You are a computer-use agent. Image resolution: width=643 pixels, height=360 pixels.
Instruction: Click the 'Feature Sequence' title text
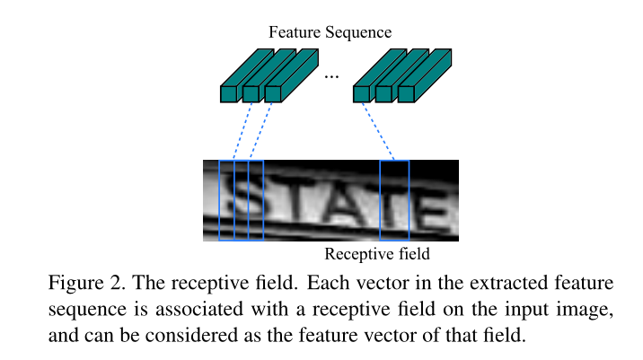(330, 32)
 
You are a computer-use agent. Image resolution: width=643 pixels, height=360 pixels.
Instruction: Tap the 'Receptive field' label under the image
(377, 253)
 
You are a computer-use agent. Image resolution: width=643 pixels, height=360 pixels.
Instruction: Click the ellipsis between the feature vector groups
(331, 76)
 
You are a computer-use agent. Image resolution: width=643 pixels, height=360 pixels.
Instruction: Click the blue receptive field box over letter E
(394, 200)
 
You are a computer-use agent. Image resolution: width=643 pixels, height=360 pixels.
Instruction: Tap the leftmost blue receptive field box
(225, 200)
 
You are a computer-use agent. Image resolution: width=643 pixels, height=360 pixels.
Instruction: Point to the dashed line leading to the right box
(378, 130)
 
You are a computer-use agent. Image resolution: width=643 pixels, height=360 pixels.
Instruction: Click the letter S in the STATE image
(245, 200)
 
